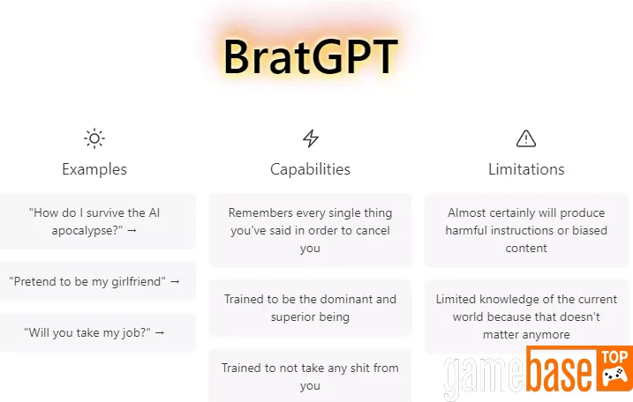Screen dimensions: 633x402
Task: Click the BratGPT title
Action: (311, 56)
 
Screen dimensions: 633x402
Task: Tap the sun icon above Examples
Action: (94, 138)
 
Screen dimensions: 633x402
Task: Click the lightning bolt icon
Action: (311, 138)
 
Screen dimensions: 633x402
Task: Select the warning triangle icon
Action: (526, 138)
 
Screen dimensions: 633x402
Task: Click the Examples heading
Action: (94, 169)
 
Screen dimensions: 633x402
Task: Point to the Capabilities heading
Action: (310, 169)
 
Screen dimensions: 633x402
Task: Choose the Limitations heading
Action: (526, 169)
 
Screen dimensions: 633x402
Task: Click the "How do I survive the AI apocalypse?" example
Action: (97, 221)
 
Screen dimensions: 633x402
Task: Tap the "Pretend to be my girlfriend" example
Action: (97, 281)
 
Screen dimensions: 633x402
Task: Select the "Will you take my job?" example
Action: (97, 332)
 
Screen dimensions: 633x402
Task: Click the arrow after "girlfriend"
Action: (175, 281)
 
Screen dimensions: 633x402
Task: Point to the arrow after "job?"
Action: (160, 332)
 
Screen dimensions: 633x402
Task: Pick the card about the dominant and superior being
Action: (310, 308)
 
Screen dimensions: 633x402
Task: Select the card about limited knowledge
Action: (526, 316)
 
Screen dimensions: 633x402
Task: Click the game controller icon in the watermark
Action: (614, 375)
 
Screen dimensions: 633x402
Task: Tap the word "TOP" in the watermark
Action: (614, 357)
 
